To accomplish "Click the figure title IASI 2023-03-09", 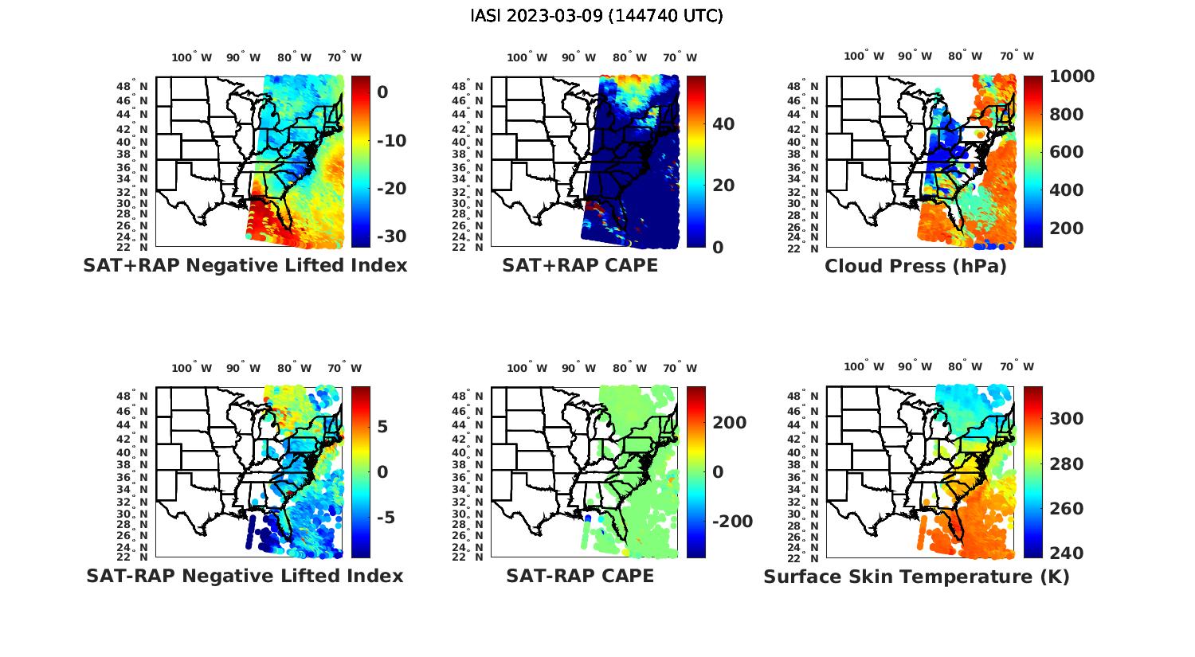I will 597,16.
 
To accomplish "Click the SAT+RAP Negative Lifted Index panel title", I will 245,265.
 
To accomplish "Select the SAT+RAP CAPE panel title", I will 580,265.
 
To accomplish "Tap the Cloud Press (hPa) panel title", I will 915,266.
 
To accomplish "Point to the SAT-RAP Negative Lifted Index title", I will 245,576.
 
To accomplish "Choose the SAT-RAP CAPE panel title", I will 580,576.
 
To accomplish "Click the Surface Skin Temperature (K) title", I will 916,577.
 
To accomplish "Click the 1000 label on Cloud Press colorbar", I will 1072,76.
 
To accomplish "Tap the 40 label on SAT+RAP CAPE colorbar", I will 723,124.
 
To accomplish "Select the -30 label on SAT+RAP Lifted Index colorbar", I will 390,237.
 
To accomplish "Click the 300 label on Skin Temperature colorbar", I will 1066,419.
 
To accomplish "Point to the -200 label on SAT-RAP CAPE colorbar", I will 731,522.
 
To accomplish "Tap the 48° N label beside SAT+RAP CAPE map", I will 468,86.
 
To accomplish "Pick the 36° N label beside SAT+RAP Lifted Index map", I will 132,167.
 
